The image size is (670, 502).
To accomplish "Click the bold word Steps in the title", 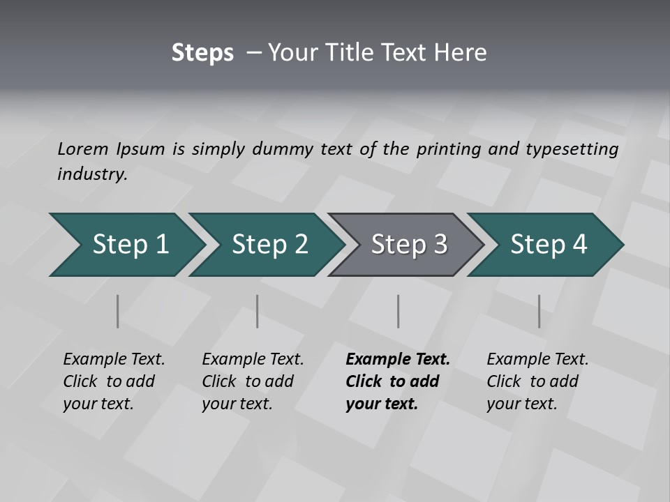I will tap(202, 53).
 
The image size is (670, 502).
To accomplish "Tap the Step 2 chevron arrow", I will tap(265, 244).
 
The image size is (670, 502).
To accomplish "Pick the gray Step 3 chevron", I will tap(405, 244).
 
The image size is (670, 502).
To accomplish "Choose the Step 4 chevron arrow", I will tap(545, 244).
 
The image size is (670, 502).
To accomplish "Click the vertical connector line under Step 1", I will tap(117, 311).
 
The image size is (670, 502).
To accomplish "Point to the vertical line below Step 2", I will tap(258, 311).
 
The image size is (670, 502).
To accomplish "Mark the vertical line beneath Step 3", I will tap(398, 311).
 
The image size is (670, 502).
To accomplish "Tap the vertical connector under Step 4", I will tap(539, 311).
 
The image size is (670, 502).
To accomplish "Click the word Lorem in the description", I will tap(83, 149).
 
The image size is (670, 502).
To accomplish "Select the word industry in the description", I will tap(91, 174).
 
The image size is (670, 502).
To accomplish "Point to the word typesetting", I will tap(574, 149).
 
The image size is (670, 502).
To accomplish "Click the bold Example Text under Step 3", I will tap(398, 360).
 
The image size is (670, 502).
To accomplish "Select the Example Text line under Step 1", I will tap(114, 360).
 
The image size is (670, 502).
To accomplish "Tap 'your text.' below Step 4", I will tap(521, 404).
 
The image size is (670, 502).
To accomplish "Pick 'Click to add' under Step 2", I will tap(248, 381).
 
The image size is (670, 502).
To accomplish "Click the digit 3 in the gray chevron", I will tap(440, 244).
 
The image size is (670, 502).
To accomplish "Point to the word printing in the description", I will tap(448, 149).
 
